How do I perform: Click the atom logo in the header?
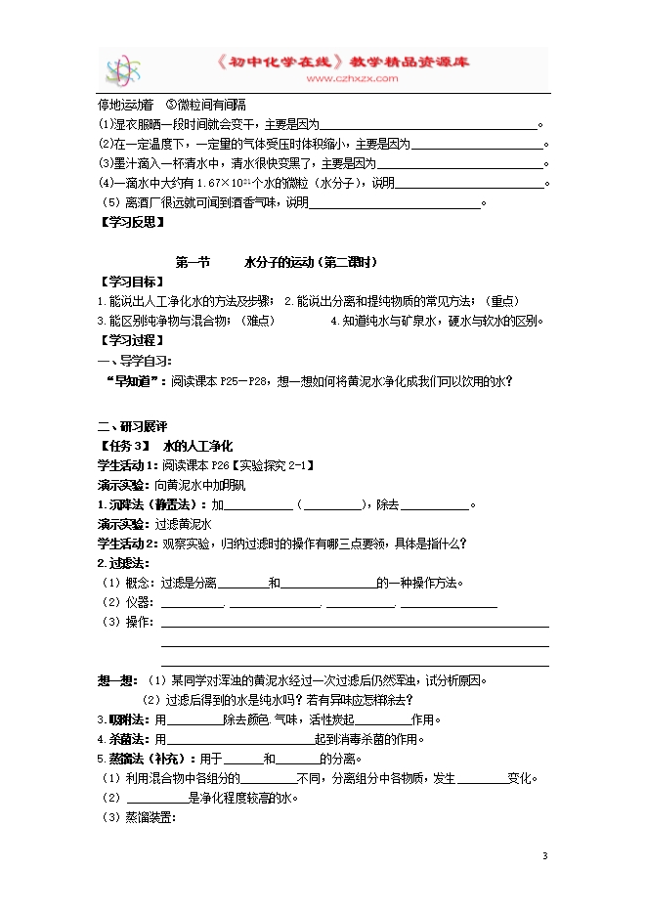(x=124, y=70)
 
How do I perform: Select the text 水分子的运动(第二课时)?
(x=311, y=262)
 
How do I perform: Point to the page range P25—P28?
(x=243, y=381)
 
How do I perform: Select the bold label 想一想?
(x=119, y=680)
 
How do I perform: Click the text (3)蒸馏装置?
(x=137, y=817)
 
